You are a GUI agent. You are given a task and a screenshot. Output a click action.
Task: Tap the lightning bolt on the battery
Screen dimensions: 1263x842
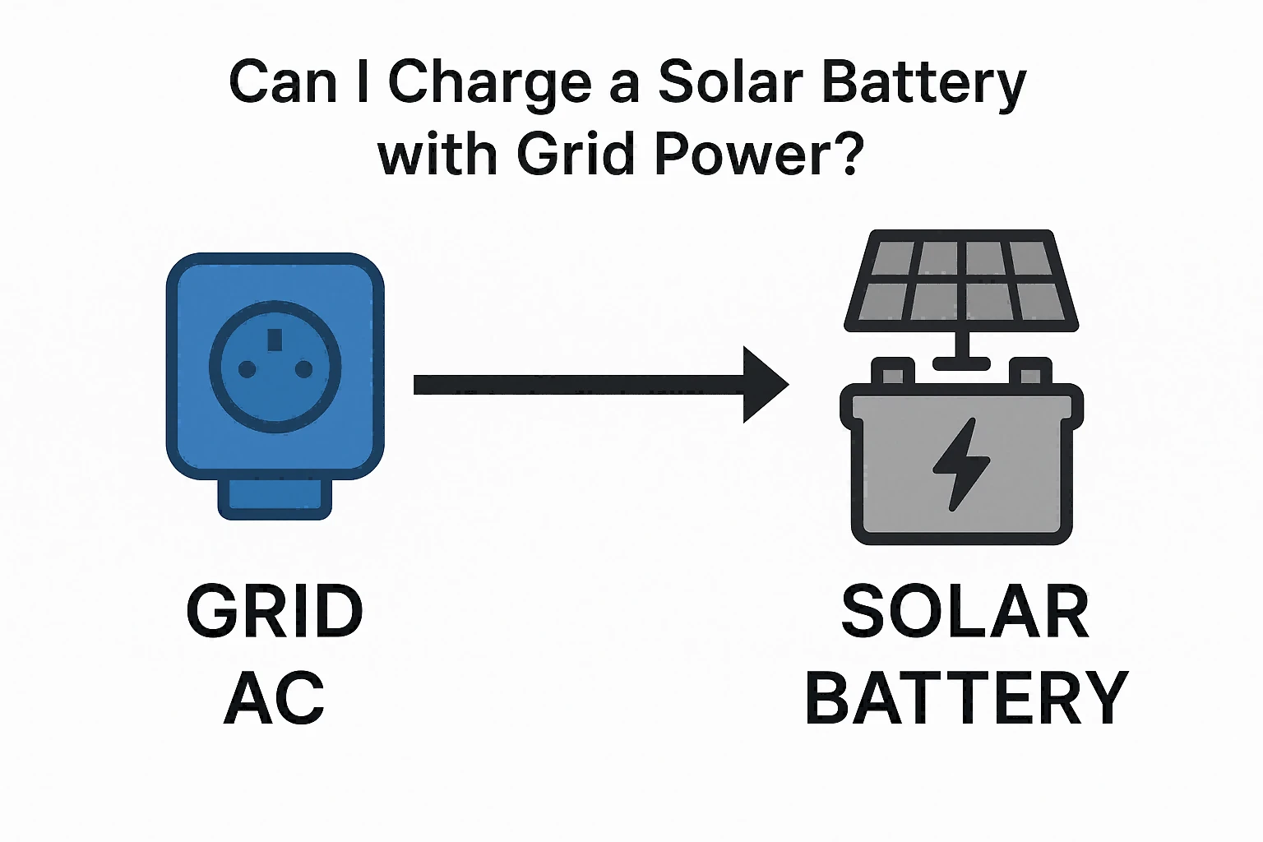[960, 464]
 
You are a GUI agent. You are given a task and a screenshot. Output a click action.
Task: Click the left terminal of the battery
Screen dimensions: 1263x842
[892, 372]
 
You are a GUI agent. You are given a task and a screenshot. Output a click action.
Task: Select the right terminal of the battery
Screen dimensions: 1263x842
[1030, 372]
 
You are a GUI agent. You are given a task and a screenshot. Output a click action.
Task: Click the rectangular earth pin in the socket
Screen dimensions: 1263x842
[275, 340]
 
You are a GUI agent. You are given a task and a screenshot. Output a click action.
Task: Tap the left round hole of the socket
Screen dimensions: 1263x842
[247, 370]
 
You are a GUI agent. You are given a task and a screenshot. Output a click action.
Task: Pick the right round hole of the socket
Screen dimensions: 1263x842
[303, 370]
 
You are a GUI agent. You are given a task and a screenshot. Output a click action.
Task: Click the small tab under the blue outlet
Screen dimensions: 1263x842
[275, 498]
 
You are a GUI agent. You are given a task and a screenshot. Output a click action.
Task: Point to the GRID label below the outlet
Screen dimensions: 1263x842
[275, 612]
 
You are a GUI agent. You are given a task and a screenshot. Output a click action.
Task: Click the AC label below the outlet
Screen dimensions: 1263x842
[275, 698]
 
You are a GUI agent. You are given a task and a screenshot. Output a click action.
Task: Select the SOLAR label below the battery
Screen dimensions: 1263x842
[965, 612]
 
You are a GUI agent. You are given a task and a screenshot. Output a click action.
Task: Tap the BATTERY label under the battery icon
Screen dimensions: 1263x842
[966, 698]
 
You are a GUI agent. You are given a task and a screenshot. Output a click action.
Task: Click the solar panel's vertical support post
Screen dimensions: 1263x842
[961, 344]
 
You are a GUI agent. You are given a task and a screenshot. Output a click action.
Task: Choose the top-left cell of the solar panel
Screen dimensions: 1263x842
[895, 257]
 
